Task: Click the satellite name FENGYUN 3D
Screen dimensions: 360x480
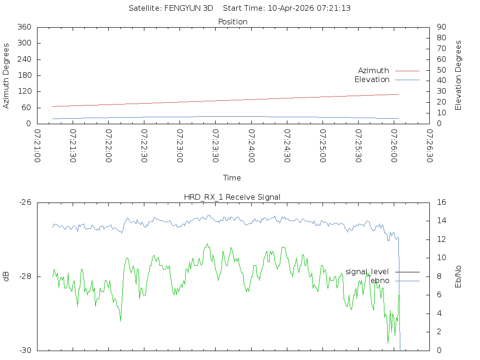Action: tap(191, 8)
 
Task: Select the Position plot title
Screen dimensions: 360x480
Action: tap(232, 22)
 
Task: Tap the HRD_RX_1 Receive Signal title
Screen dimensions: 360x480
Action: tap(232, 197)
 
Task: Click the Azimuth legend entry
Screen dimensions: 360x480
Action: tap(374, 70)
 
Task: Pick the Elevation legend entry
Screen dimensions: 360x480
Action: tap(372, 80)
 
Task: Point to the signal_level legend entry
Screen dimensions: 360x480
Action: tap(367, 271)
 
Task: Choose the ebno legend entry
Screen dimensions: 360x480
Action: tap(379, 280)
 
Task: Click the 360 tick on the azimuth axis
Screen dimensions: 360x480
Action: tap(24, 27)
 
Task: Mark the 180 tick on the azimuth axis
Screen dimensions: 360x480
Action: tap(24, 75)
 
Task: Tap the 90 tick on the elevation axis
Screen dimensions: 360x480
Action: tap(441, 27)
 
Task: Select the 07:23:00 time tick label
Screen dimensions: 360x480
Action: tap(180, 146)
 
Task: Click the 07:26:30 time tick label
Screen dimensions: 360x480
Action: tap(430, 146)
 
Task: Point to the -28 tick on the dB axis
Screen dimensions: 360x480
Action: tap(25, 276)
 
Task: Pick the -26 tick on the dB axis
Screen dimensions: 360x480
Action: tap(25, 202)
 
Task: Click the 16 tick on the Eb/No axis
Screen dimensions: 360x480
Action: tap(441, 202)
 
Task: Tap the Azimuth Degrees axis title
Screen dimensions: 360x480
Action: tap(7, 75)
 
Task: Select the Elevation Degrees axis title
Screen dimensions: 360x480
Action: tap(458, 75)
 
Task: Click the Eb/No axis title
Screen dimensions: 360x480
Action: tap(458, 276)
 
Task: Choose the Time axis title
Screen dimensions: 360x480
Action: tap(232, 178)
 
